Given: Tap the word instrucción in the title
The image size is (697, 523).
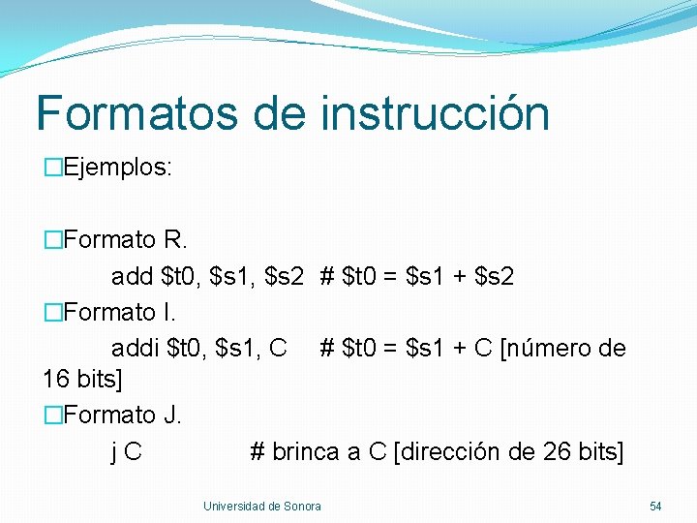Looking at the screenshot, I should pyautogui.click(x=435, y=112).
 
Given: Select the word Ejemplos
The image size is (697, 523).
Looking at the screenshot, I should pyautogui.click(x=116, y=168).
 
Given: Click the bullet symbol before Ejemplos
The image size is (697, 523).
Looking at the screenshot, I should pyautogui.click(x=52, y=168).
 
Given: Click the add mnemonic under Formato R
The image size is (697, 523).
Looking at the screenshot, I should pyautogui.click(x=132, y=277).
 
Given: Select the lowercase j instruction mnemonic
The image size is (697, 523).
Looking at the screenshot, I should pyautogui.click(x=115, y=452).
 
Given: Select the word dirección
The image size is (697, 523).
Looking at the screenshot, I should pyautogui.click(x=454, y=452).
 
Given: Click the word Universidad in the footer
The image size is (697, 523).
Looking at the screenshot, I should pyautogui.click(x=233, y=507).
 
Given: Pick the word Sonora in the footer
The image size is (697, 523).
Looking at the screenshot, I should pyautogui.click(x=302, y=507).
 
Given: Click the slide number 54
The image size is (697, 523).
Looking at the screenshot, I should pyautogui.click(x=655, y=507).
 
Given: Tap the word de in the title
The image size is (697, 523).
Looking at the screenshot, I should pyautogui.click(x=280, y=112).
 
